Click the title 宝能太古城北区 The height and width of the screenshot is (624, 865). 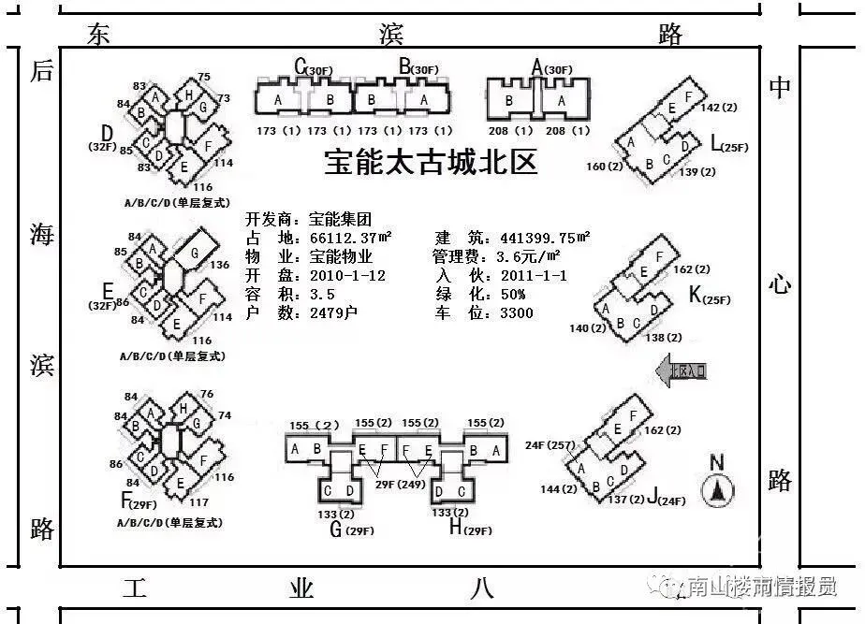point(432,163)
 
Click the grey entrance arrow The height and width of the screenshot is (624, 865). point(682,371)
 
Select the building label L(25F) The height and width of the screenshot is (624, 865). point(730,145)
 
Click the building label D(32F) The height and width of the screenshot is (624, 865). point(105,138)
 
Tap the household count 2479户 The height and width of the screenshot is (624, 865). point(333,312)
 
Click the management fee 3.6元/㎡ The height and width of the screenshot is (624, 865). point(528,256)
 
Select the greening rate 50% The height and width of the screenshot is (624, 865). point(510,294)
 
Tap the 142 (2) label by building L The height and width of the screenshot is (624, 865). point(719,108)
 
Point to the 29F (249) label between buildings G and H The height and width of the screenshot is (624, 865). point(401,484)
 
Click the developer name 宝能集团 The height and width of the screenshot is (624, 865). point(341,220)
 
